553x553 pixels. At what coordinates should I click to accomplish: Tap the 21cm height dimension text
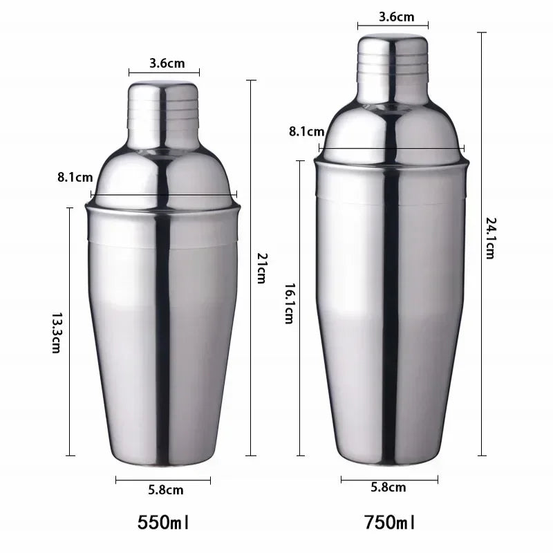(x=261, y=268)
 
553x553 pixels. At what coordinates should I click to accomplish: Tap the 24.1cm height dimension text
(x=490, y=238)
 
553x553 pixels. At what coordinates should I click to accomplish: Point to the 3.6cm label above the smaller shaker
(x=167, y=64)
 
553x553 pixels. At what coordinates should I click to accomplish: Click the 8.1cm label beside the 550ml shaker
(x=75, y=178)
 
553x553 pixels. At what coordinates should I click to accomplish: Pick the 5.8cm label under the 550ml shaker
(x=166, y=490)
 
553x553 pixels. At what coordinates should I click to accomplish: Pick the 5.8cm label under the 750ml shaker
(x=388, y=488)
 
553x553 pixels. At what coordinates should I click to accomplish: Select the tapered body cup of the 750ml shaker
(x=391, y=311)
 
